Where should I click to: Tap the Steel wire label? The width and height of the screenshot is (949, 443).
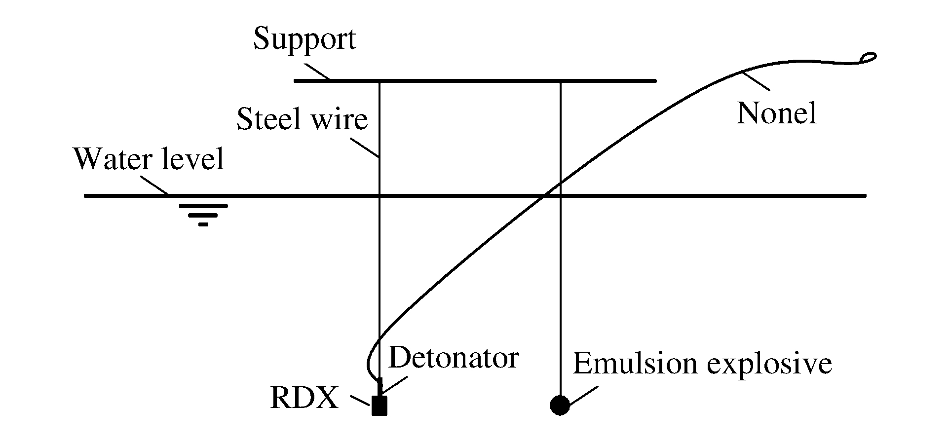(x=302, y=120)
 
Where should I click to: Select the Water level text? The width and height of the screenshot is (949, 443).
(x=149, y=159)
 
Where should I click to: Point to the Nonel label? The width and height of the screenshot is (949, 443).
(x=776, y=114)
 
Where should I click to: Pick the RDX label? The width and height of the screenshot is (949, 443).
(x=304, y=399)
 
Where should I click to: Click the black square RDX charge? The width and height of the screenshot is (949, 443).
(x=379, y=406)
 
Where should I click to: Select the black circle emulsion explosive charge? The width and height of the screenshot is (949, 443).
(x=560, y=405)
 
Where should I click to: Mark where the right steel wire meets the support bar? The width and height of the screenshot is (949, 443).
(x=561, y=80)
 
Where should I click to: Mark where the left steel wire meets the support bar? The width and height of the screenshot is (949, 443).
(x=379, y=80)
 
